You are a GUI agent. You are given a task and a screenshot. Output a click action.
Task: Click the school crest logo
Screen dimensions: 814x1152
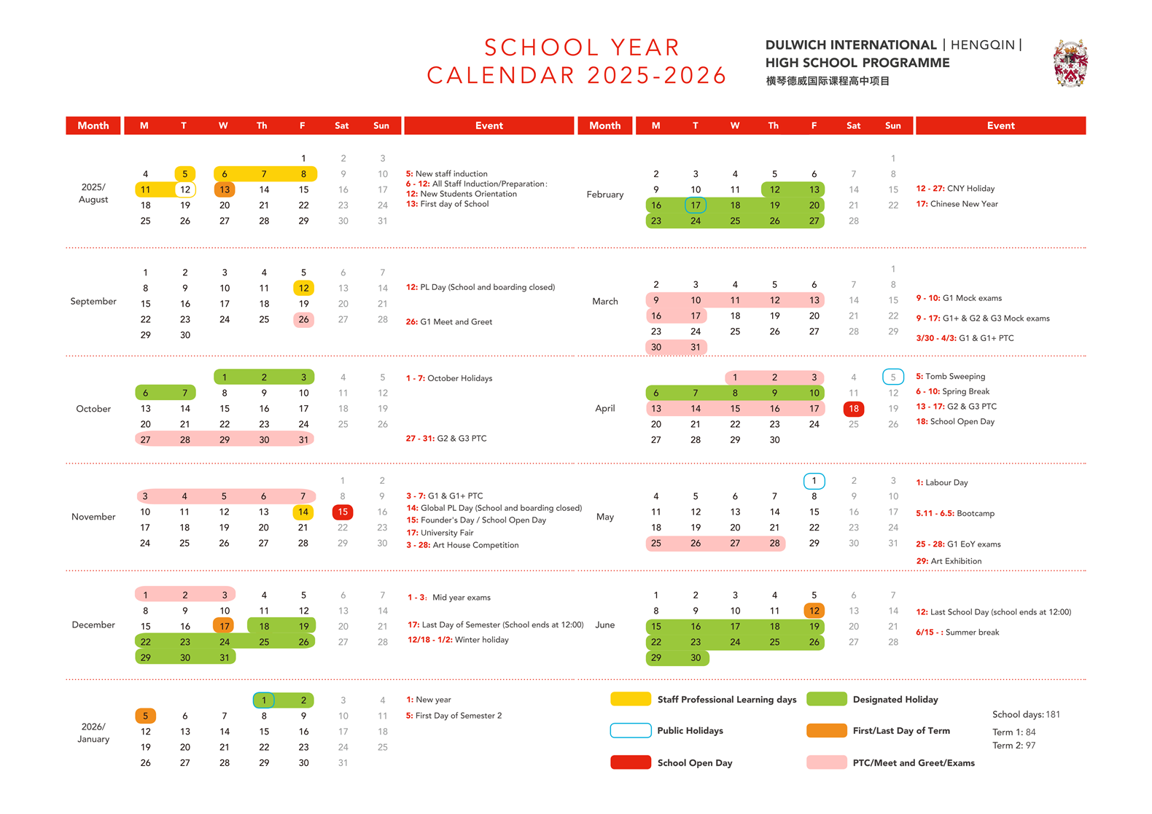click(x=1070, y=63)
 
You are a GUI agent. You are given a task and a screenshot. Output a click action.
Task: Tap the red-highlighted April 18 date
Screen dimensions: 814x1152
click(x=853, y=409)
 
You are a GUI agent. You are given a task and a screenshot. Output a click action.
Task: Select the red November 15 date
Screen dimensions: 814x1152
click(x=343, y=512)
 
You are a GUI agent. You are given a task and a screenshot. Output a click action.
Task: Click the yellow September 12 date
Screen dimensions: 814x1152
click(x=303, y=288)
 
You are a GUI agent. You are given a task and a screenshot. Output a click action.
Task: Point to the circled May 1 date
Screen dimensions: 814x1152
click(x=814, y=481)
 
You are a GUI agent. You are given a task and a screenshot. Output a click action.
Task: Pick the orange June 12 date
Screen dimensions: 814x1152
click(x=814, y=611)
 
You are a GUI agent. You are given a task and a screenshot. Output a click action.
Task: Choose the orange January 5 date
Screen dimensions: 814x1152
click(x=146, y=716)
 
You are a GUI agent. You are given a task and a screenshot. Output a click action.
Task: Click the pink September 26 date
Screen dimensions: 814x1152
click(x=303, y=319)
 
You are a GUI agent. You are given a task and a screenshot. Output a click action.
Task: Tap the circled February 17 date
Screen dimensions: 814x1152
click(x=696, y=206)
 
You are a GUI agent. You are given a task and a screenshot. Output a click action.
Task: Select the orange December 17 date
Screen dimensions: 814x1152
click(x=225, y=626)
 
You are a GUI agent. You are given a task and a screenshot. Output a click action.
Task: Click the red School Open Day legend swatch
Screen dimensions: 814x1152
click(x=631, y=762)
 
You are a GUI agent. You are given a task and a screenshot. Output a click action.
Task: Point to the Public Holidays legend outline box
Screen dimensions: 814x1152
click(x=631, y=730)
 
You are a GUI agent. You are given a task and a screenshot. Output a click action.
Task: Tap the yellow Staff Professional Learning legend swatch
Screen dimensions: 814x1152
click(x=631, y=699)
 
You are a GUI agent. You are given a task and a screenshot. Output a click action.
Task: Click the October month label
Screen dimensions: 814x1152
click(x=93, y=409)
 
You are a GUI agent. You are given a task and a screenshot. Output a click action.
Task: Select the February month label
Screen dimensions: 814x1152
click(x=605, y=195)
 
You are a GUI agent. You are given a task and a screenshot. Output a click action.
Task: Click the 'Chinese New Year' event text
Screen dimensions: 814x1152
click(x=963, y=204)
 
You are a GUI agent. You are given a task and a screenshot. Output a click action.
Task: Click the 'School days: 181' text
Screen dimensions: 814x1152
click(x=1026, y=714)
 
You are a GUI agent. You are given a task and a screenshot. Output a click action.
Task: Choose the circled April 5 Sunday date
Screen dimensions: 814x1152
click(x=892, y=377)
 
